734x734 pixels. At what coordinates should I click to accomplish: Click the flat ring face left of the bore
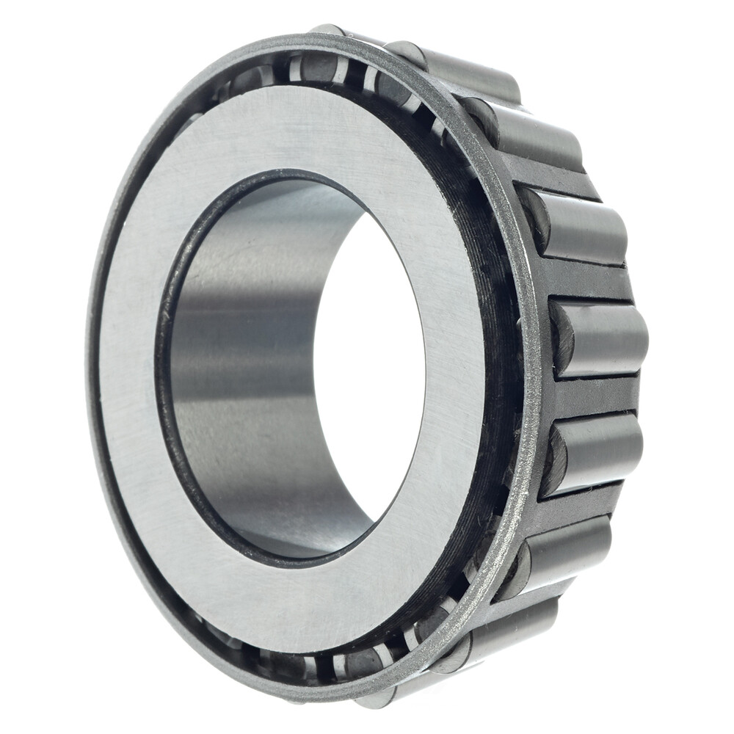tap(128, 367)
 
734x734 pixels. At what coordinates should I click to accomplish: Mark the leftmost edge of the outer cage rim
tap(90, 367)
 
